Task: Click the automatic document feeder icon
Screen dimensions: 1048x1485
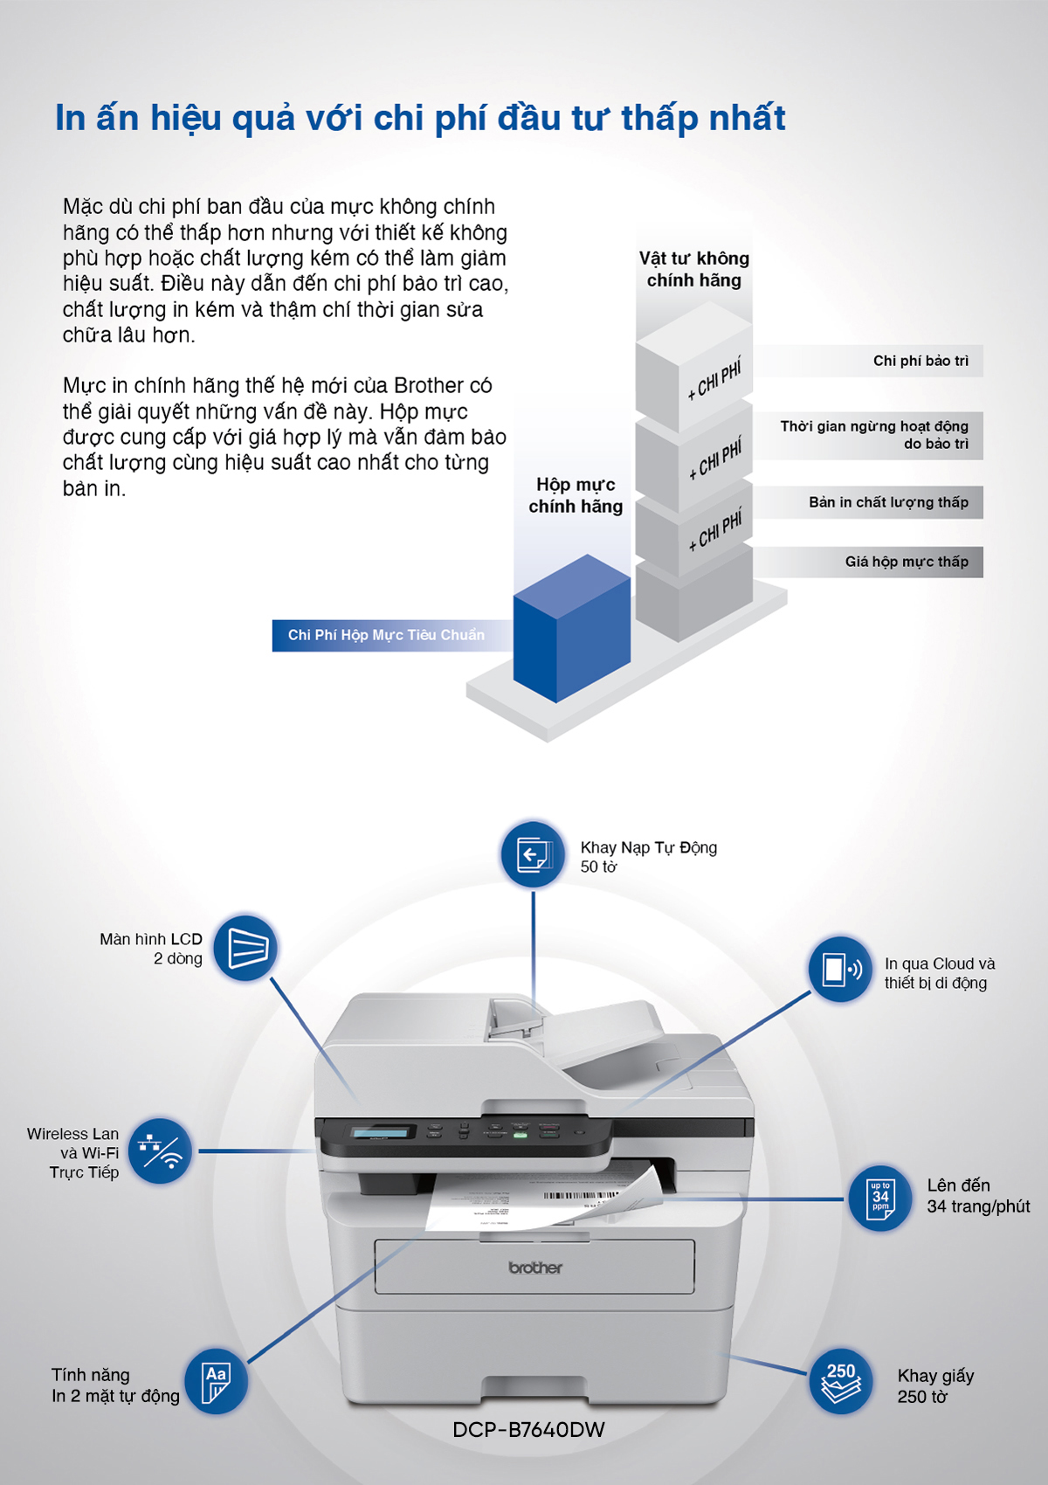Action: [x=532, y=854]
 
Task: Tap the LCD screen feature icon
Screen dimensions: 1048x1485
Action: [x=245, y=948]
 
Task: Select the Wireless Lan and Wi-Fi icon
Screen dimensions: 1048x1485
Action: [x=160, y=1151]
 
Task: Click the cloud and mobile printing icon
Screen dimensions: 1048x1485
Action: [x=840, y=970]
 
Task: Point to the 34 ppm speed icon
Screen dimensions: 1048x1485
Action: [x=880, y=1198]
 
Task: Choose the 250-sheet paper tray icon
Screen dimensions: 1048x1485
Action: [x=841, y=1381]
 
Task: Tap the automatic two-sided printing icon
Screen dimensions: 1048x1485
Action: [x=216, y=1381]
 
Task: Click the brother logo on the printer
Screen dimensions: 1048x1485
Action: [x=535, y=1267]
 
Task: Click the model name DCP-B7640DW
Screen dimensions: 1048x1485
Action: [x=528, y=1430]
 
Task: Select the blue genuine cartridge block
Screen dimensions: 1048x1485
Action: [x=571, y=628]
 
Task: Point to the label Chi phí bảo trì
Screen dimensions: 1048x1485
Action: [x=920, y=361]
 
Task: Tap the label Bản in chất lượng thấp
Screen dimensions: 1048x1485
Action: [x=888, y=502]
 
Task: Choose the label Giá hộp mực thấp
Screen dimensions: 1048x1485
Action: [x=907, y=562]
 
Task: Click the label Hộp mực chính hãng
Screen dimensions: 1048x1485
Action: [x=576, y=495]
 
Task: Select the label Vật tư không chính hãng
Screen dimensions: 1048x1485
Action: [x=694, y=269]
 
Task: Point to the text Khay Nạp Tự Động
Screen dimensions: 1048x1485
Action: [x=648, y=847]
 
